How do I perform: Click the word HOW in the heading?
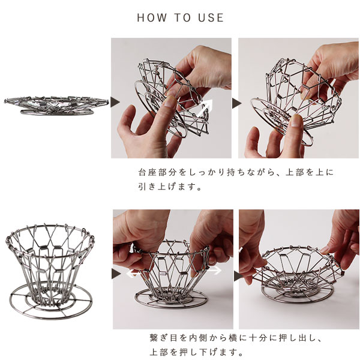click(152, 17)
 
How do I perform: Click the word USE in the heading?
click(211, 17)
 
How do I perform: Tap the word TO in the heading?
click(182, 17)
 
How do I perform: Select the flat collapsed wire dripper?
click(56, 106)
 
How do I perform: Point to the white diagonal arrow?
click(205, 107)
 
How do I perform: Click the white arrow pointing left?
click(133, 274)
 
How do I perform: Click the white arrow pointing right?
click(215, 270)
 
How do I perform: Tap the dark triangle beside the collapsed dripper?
click(115, 102)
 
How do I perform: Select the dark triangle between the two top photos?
click(236, 103)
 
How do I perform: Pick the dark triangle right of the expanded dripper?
click(116, 274)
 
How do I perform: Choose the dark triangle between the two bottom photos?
click(238, 275)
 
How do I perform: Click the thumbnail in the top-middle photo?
click(170, 101)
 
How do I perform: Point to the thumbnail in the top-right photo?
click(296, 121)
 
